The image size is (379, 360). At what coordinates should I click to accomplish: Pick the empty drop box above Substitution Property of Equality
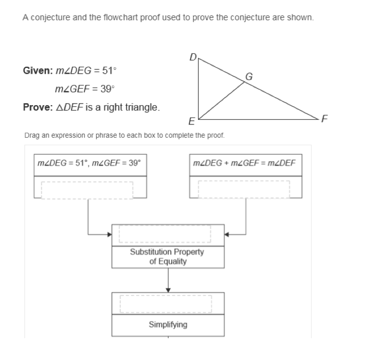(x=168, y=233)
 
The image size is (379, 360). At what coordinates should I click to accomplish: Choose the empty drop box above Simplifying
(x=168, y=303)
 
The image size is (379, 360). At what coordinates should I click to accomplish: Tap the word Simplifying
(x=168, y=324)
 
